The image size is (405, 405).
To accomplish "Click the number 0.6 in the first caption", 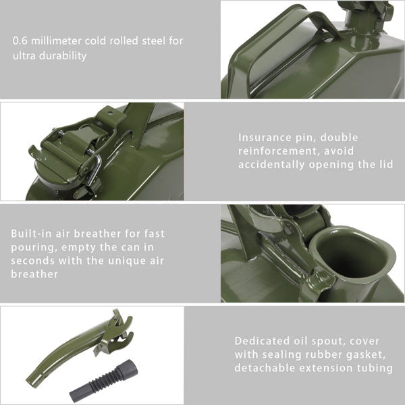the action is tap(20, 41).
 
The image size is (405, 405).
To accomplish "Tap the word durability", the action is tap(63, 56).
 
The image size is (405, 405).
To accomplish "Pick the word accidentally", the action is tap(271, 165).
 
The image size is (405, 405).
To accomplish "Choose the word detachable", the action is tap(264, 368).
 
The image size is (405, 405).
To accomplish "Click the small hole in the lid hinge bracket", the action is tap(111, 112).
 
